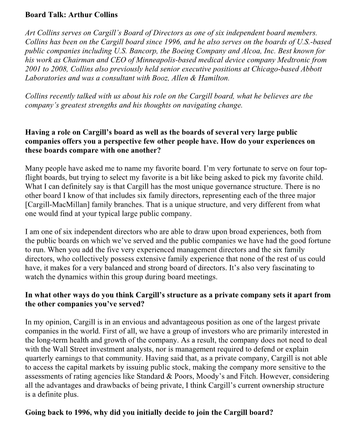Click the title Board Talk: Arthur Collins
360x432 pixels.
click(71, 15)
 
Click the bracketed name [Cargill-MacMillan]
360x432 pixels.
click(57, 204)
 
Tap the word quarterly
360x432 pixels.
click(38, 358)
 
